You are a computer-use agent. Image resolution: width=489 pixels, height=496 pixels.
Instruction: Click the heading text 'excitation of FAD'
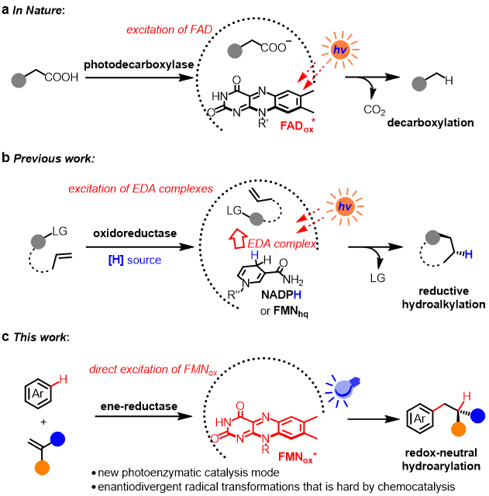pos(169,30)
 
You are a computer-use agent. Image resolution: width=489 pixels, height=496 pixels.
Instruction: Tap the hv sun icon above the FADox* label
pos(340,51)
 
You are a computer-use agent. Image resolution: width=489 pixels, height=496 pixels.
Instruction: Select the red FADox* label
pos(298,126)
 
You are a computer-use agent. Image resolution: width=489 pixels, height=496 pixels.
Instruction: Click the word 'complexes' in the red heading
pos(191,189)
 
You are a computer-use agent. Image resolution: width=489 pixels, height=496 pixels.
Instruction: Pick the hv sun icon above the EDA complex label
pos(345,207)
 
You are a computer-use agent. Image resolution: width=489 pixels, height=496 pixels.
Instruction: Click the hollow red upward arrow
pos(237,238)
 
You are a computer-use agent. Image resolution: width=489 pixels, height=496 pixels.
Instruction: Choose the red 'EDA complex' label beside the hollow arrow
pos(282,244)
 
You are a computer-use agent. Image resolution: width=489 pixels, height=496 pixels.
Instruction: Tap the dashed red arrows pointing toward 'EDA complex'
pos(308,219)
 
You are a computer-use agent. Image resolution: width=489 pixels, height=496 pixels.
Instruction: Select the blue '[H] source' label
pos(135,260)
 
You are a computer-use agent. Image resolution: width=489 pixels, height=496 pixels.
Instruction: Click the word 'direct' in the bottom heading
pos(104,370)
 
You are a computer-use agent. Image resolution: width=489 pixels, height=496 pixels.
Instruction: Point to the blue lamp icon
pos(343,388)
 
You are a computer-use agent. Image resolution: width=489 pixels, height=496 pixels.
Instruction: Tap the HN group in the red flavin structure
pos(222,422)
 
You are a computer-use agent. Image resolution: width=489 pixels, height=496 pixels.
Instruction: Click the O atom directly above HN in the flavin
pos(240,405)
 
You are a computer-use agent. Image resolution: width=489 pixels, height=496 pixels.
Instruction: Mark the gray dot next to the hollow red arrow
pos(257,219)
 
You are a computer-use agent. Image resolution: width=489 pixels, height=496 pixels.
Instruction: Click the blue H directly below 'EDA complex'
pos(254,256)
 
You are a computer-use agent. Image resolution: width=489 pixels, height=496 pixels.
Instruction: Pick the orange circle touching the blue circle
pos(459,429)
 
